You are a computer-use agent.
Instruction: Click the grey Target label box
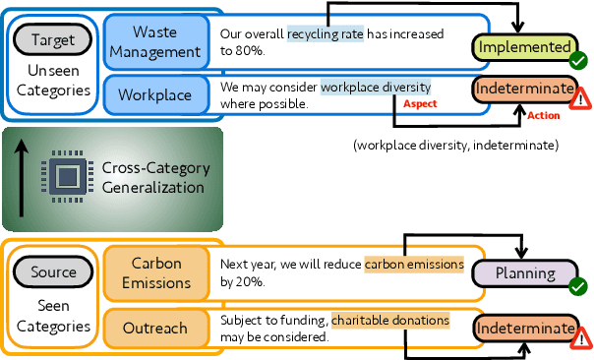coord(52,39)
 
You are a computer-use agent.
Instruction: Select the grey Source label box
coord(52,270)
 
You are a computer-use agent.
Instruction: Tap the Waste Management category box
coord(155,41)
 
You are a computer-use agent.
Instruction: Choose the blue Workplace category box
coord(155,94)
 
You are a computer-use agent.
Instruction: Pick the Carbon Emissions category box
coord(155,273)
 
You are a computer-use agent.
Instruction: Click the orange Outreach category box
coord(155,329)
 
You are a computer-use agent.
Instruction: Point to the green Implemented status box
coord(522,47)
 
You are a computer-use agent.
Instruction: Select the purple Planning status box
coord(522,273)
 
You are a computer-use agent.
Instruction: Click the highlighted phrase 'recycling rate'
coord(326,34)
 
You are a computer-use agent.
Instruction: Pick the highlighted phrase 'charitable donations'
coord(390,320)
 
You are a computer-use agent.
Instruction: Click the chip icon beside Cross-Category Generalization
coord(66,177)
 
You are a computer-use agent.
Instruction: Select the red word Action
coord(544,115)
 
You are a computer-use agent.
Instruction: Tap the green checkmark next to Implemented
coord(578,60)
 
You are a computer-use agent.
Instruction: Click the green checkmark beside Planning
coord(578,286)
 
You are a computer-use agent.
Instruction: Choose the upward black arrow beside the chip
coord(21,177)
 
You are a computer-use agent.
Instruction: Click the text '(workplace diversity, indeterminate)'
coord(455,146)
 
